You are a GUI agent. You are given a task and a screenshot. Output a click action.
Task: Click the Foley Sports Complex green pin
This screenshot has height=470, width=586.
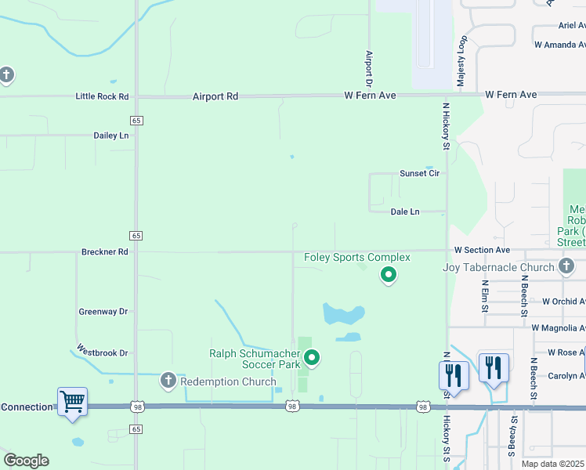(388, 275)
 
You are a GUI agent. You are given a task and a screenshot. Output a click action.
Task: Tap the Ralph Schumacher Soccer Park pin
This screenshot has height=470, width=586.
(312, 359)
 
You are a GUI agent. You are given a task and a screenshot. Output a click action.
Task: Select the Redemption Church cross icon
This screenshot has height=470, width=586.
(167, 381)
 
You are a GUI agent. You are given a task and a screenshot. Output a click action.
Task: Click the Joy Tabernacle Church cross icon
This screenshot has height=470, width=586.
(567, 267)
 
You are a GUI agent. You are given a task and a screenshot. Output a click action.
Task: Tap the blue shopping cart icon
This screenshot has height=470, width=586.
(72, 402)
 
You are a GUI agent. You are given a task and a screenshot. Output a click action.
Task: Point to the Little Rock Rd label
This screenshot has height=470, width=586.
(102, 96)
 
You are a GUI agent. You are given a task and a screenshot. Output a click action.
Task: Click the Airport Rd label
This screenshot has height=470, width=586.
(215, 96)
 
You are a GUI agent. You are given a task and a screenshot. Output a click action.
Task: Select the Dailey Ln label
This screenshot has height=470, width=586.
(110, 135)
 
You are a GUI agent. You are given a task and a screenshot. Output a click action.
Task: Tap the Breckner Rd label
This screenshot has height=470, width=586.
(104, 252)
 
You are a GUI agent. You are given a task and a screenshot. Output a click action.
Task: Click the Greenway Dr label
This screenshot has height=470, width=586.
(103, 311)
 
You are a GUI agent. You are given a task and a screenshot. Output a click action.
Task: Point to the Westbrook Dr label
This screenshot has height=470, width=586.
(102, 353)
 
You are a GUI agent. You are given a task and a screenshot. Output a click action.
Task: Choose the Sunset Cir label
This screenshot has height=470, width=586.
(419, 173)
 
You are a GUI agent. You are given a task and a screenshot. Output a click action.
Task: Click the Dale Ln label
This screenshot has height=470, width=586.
(405, 211)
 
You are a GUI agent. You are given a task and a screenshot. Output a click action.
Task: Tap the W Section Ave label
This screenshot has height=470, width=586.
(482, 250)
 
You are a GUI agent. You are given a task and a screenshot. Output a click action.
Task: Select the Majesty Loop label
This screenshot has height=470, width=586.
(462, 60)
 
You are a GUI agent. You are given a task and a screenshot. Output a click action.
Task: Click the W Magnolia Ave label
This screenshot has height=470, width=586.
(558, 327)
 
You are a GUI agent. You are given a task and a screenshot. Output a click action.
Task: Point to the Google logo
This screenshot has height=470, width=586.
(26, 460)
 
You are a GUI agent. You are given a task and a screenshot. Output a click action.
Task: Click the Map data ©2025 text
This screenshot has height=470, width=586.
(553, 464)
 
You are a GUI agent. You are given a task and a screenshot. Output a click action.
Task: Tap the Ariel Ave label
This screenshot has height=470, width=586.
(571, 25)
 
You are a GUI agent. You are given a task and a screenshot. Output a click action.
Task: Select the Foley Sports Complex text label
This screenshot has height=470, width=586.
(357, 257)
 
